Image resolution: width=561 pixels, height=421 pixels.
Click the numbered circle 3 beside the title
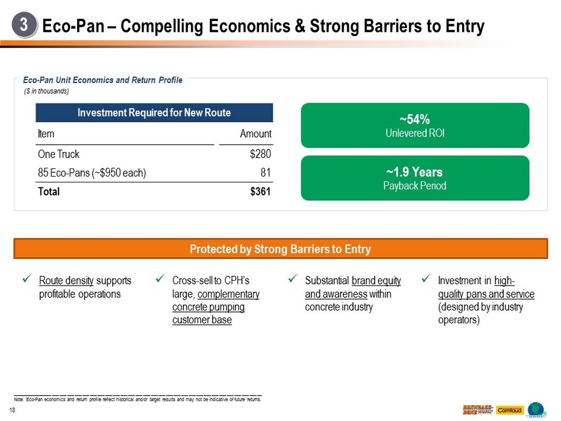click(x=25, y=25)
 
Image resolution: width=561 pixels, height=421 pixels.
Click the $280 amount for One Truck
click(x=261, y=154)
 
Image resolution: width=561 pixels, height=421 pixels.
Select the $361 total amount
click(x=261, y=192)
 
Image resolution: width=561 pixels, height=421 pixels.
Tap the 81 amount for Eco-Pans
click(x=265, y=173)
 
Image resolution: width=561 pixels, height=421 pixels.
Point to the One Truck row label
click(x=58, y=154)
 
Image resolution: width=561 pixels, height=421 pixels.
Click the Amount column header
click(x=256, y=134)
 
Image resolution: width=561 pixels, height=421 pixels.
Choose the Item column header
click(x=46, y=134)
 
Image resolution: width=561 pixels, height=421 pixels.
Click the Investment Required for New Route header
click(x=154, y=113)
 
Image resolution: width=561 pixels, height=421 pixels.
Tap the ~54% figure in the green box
click(x=414, y=119)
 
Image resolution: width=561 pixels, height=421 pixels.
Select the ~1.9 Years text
click(x=414, y=172)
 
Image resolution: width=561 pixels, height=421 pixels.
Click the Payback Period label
click(x=414, y=186)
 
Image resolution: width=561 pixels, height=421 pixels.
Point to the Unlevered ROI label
click(x=414, y=133)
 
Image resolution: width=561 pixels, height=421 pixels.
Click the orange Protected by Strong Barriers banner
click(x=280, y=249)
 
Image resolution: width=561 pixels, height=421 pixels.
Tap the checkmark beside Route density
click(x=26, y=280)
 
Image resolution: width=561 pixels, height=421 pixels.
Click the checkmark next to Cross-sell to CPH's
click(x=159, y=280)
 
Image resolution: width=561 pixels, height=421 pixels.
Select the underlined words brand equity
click(x=376, y=281)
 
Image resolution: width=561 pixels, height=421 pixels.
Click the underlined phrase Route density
click(x=66, y=281)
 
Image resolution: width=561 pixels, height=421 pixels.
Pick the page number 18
click(x=12, y=411)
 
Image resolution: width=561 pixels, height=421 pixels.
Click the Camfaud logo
click(x=509, y=410)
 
